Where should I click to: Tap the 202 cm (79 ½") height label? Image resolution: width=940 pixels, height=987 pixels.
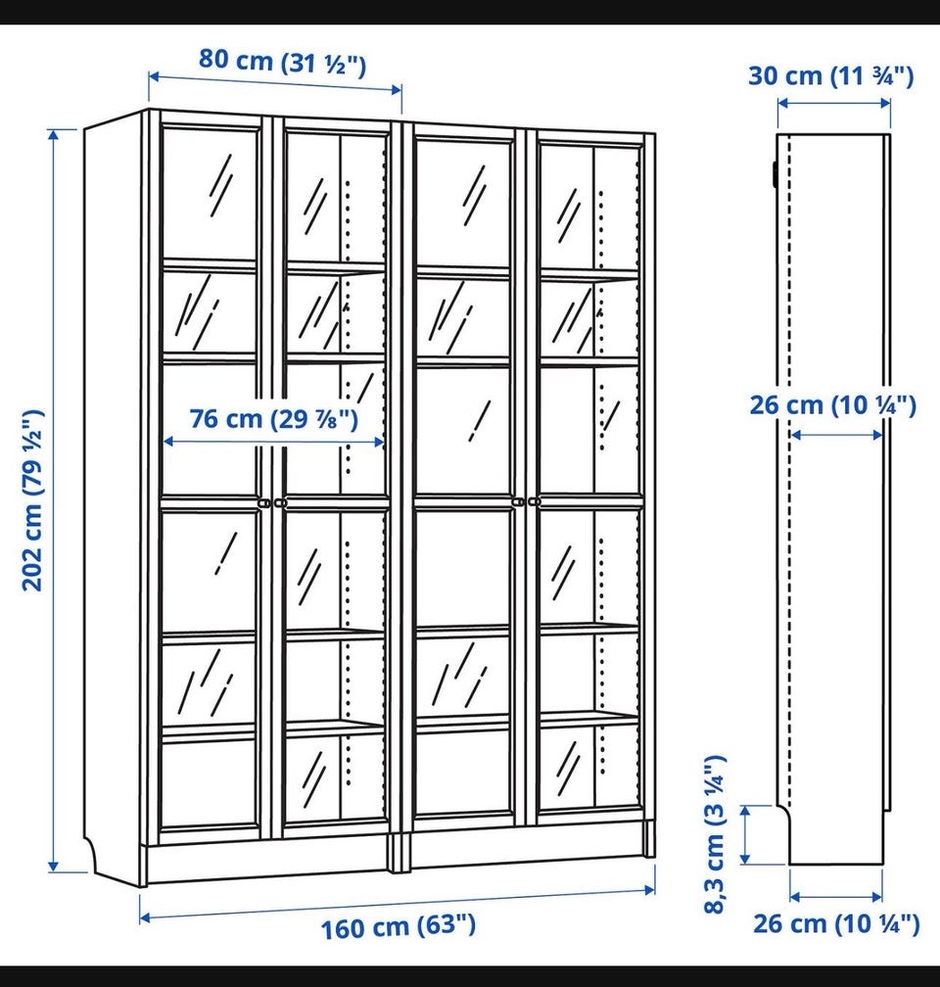[32, 500]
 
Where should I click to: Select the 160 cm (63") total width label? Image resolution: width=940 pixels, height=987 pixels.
[399, 926]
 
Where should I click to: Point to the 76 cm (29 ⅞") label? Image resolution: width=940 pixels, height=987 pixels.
[274, 418]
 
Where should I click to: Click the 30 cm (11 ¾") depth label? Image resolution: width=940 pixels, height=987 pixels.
[830, 75]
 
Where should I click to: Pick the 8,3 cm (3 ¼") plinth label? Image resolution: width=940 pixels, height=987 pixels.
[715, 833]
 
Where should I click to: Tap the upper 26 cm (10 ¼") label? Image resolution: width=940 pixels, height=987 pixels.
[832, 404]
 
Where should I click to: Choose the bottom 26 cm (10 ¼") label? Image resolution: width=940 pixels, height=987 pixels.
[836, 923]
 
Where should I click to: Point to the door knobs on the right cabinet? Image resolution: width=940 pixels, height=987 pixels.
[527, 501]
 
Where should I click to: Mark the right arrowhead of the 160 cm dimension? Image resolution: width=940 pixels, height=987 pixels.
[649, 889]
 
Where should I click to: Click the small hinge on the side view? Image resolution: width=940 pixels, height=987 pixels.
[774, 172]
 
